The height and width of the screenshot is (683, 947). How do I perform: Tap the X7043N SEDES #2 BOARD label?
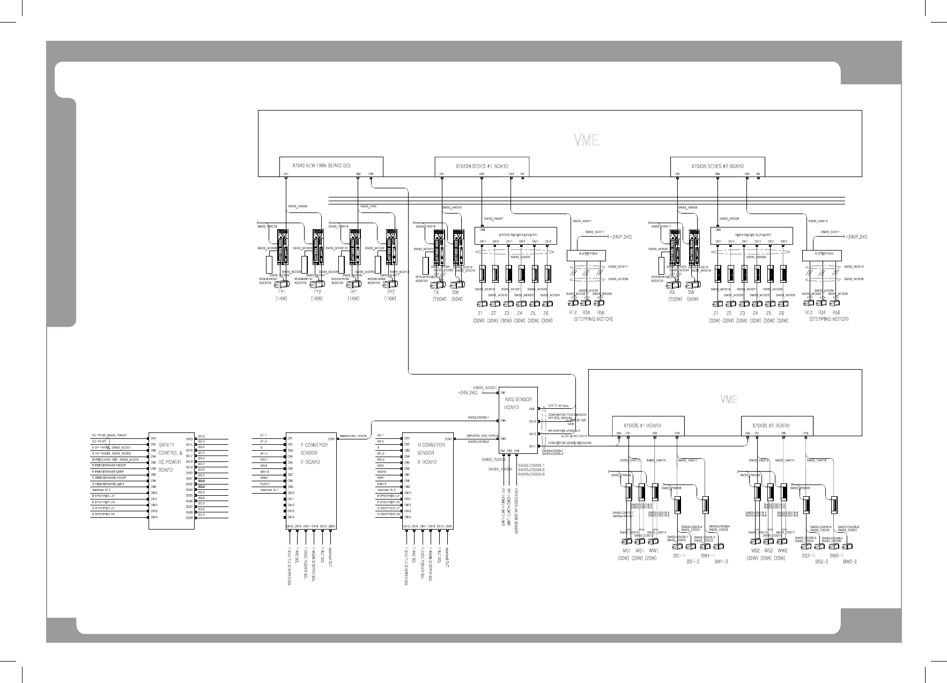(717, 166)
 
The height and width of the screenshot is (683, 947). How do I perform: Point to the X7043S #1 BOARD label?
(641, 425)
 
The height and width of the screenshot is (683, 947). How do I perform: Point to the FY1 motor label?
(281, 292)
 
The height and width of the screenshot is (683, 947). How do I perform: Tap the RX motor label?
(671, 293)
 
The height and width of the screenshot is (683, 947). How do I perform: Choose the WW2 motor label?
(782, 551)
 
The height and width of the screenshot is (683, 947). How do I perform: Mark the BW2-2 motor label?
(849, 562)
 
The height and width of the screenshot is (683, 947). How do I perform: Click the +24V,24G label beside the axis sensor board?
(467, 393)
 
